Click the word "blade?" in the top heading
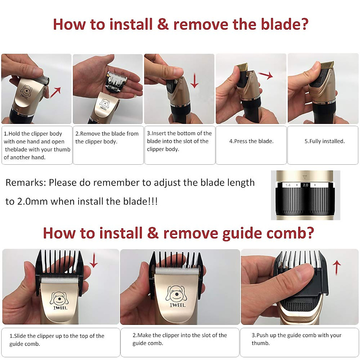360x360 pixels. tap(284, 24)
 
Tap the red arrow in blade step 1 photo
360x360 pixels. tap(55, 92)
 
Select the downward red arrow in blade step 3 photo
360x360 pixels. tap(194, 80)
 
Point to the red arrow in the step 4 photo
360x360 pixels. tap(265, 75)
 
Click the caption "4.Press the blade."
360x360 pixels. tap(251, 141)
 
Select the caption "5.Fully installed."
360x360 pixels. tap(325, 141)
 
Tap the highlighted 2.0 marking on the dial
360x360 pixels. tap(305, 185)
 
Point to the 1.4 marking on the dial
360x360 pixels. tap(288, 185)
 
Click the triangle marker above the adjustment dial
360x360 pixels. tap(305, 177)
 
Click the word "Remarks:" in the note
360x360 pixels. tap(26, 182)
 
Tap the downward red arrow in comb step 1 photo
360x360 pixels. tap(94, 260)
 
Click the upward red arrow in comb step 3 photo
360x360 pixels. tap(337, 268)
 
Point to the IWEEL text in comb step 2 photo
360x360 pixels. tap(178, 305)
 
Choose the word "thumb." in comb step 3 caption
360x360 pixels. tap(261, 343)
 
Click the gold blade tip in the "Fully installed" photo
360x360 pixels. tap(327, 65)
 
